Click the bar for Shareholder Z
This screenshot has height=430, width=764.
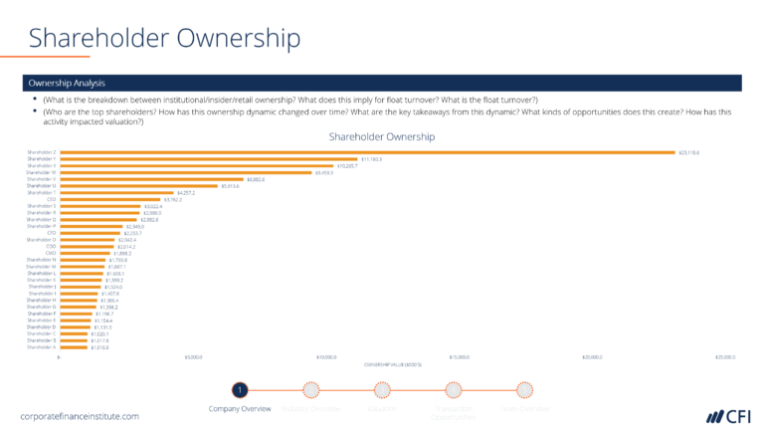tap(367, 152)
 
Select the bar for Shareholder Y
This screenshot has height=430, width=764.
tap(208, 159)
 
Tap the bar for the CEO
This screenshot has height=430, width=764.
tap(109, 199)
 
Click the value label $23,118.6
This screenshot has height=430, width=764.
tap(689, 152)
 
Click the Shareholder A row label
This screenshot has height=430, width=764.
tap(41, 347)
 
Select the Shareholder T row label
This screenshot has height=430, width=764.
tap(41, 192)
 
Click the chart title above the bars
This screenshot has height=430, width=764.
tap(381, 136)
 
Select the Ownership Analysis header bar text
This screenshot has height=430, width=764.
tap(67, 83)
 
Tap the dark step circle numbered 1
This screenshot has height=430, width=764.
tap(239, 390)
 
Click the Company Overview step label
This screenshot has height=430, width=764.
tap(239, 409)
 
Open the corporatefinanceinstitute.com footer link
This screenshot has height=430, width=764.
tap(80, 414)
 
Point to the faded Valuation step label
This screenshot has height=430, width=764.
tap(382, 409)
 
